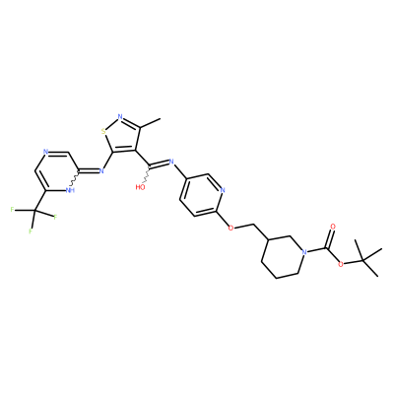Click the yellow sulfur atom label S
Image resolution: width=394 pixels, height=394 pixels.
pyautogui.click(x=103, y=132)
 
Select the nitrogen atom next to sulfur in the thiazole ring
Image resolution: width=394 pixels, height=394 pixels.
pyautogui.click(x=120, y=117)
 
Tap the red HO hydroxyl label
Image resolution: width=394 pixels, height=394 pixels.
pyautogui.click(x=141, y=187)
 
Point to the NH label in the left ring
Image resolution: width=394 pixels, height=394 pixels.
pyautogui.click(x=70, y=190)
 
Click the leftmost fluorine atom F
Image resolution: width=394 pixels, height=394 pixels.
pyautogui.click(x=12, y=210)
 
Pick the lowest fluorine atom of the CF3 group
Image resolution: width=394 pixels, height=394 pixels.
pyautogui.click(x=31, y=231)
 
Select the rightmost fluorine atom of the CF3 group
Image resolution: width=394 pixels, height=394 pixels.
pyautogui.click(x=55, y=217)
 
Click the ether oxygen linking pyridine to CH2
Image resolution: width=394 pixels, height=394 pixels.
pyautogui.click(x=231, y=228)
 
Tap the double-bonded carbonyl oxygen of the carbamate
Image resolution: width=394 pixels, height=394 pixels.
pyautogui.click(x=334, y=227)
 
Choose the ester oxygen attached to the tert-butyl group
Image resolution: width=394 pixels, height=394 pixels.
pyautogui.click(x=342, y=264)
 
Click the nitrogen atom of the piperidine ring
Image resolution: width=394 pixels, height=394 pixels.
pyautogui.click(x=304, y=252)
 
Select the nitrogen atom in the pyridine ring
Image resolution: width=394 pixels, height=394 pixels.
pyautogui.click(x=223, y=190)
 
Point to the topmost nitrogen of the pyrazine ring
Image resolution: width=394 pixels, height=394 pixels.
pyautogui.click(x=45, y=153)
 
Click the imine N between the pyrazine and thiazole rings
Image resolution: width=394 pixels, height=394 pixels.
pyautogui.click(x=101, y=170)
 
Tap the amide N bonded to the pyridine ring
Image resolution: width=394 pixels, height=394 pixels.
pyautogui.click(x=171, y=162)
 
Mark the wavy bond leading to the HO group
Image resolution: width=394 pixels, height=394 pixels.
pyautogui.click(x=147, y=174)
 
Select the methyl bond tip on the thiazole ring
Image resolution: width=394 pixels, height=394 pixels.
pyautogui.click(x=161, y=119)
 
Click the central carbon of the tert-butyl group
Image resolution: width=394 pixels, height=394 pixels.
pyautogui.click(x=362, y=260)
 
